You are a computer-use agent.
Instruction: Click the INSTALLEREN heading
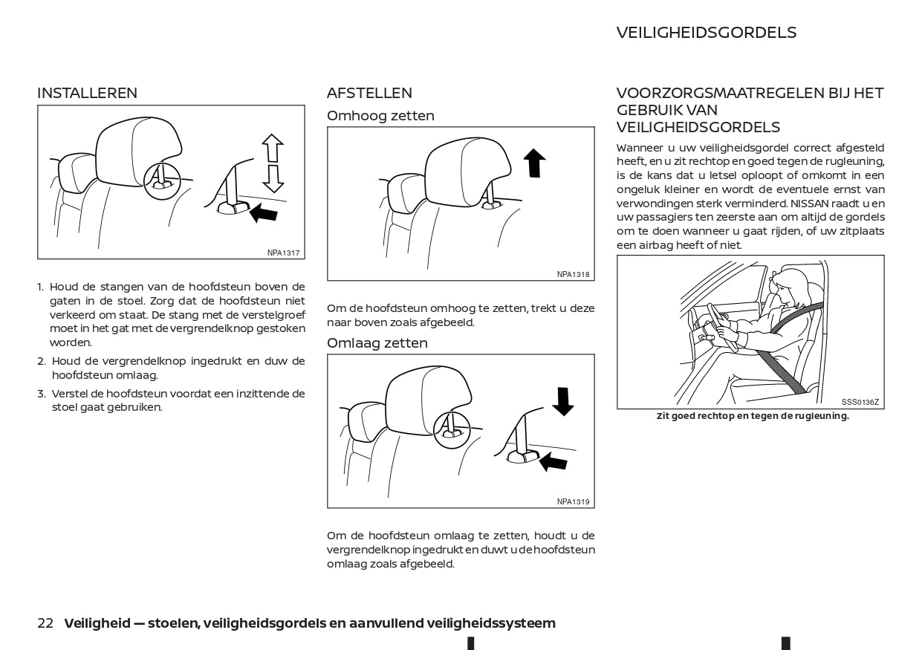[x=87, y=93]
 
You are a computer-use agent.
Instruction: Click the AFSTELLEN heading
[x=369, y=93]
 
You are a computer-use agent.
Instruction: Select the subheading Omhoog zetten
[x=380, y=116]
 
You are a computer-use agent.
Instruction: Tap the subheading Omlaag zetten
[x=377, y=343]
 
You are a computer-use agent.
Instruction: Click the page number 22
[x=45, y=623]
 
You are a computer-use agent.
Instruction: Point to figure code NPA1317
[x=283, y=253]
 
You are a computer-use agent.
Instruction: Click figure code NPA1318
[x=573, y=275]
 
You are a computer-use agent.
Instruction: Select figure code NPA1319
[x=573, y=502]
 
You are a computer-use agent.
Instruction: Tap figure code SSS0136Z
[x=860, y=402]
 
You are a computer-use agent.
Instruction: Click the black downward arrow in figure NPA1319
[x=563, y=401]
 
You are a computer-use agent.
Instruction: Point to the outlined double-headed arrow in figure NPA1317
[x=273, y=163]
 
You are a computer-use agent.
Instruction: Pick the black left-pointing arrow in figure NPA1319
[x=553, y=462]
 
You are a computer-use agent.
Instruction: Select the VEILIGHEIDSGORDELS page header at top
[x=706, y=33]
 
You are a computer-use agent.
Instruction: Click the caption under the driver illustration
[x=752, y=416]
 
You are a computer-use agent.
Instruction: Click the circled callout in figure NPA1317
[x=162, y=181]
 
